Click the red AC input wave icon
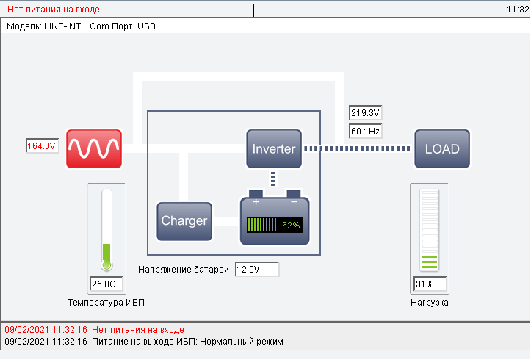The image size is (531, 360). tap(94, 148)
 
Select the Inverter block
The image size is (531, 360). tap(274, 148)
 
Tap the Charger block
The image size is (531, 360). tap(184, 221)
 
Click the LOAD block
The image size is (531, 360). tap(442, 148)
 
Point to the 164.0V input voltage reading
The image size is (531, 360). tap(42, 146)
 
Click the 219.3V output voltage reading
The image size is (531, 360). tap(365, 113)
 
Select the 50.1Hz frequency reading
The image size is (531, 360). tap(365, 131)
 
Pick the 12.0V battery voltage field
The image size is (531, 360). tap(257, 270)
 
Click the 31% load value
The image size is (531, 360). tap(430, 284)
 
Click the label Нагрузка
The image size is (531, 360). tap(430, 302)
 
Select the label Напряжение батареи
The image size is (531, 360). tap(184, 270)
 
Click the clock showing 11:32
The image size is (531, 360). tap(518, 10)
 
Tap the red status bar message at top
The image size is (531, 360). tap(54, 10)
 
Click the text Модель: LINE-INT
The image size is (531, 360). tap(43, 26)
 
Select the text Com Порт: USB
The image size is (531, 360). tap(123, 26)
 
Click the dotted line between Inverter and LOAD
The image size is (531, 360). tap(358, 148)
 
